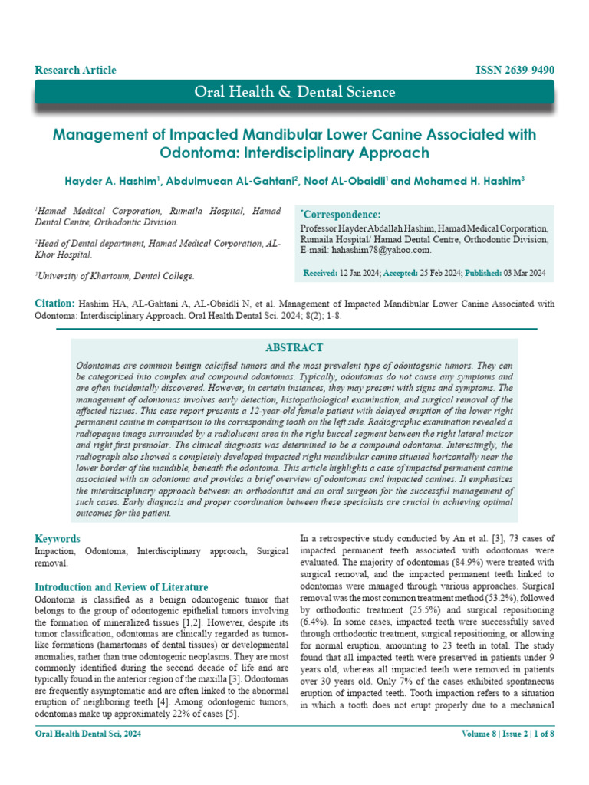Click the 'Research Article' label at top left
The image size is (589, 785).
pyautogui.click(x=75, y=70)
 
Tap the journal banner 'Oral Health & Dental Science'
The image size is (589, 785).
pyautogui.click(x=294, y=93)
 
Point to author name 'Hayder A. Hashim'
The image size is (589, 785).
pyautogui.click(x=114, y=182)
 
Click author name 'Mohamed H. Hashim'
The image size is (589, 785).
pyautogui.click(x=468, y=182)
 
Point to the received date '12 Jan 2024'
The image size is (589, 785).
pyautogui.click(x=356, y=273)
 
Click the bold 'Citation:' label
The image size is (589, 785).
pyautogui.click(x=54, y=304)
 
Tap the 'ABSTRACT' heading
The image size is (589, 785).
pyautogui.click(x=294, y=347)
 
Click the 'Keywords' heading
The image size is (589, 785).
pyautogui.click(x=58, y=538)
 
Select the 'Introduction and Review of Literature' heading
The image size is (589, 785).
pyautogui.click(x=121, y=587)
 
